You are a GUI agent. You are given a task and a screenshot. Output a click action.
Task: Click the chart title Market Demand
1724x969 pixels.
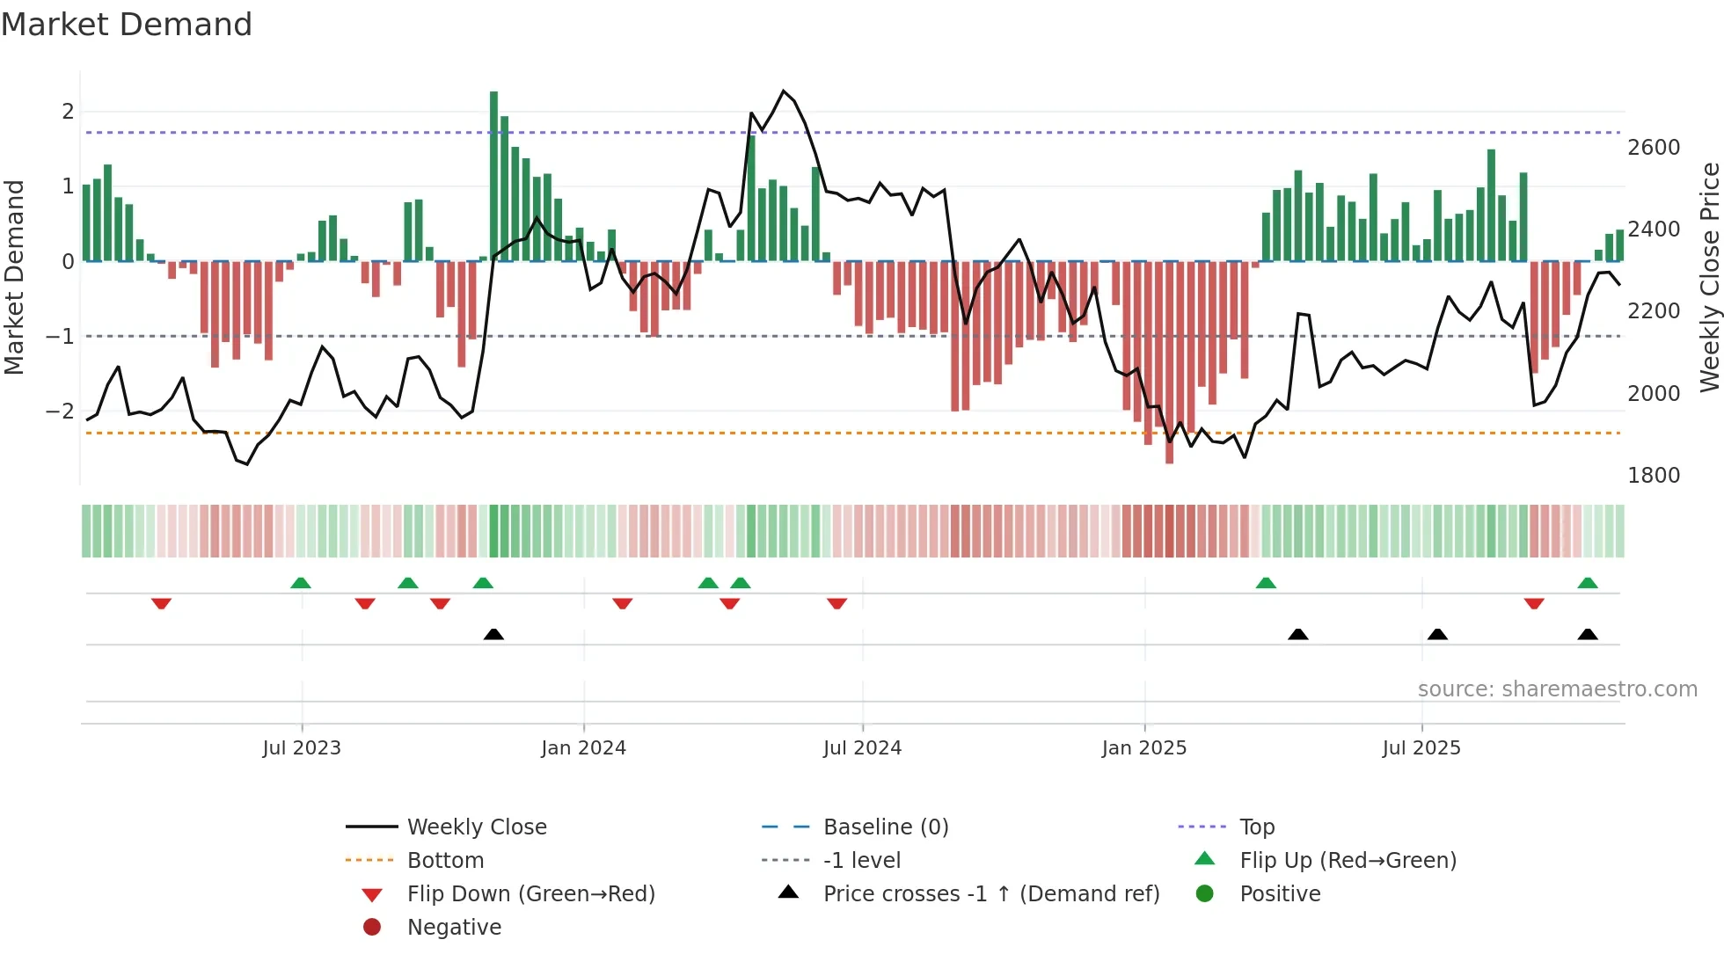click(x=127, y=25)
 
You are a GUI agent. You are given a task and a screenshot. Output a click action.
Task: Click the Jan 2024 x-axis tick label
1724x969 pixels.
click(x=583, y=748)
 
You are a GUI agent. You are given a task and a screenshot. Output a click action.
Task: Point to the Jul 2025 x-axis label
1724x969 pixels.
click(x=1421, y=748)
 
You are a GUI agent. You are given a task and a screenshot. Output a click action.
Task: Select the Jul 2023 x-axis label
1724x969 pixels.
click(x=302, y=748)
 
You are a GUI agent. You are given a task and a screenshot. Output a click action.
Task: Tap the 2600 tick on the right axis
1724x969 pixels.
click(x=1653, y=148)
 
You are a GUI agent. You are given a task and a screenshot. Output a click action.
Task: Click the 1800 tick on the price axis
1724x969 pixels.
click(x=1653, y=476)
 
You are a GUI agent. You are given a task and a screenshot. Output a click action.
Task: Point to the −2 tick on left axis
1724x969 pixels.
click(x=60, y=412)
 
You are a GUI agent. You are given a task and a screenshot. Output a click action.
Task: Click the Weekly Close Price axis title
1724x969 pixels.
click(x=1709, y=277)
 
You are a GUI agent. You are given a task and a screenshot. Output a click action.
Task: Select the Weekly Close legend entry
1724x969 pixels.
click(x=476, y=827)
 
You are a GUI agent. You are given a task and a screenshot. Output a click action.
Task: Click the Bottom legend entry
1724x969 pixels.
click(x=445, y=861)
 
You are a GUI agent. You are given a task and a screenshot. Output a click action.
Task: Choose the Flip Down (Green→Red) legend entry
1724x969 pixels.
click(x=530, y=894)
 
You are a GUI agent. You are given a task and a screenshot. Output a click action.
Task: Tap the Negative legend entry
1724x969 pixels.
click(x=454, y=928)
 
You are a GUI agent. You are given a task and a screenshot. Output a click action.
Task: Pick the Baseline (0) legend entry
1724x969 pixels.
click(x=885, y=827)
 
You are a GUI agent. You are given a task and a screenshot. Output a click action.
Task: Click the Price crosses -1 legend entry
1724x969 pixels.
click(x=990, y=894)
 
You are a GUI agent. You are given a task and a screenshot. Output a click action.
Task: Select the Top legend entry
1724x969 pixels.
click(x=1256, y=827)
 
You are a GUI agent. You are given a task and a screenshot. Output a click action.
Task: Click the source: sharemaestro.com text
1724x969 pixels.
click(x=1557, y=689)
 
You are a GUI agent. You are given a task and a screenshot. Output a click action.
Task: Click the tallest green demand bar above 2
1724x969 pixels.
click(x=493, y=176)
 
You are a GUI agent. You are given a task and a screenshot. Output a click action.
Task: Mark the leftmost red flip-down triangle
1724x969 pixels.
click(x=161, y=603)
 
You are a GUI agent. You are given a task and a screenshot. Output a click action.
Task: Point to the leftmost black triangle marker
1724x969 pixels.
click(x=493, y=634)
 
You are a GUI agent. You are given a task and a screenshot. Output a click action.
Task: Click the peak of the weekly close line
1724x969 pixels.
click(x=784, y=91)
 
